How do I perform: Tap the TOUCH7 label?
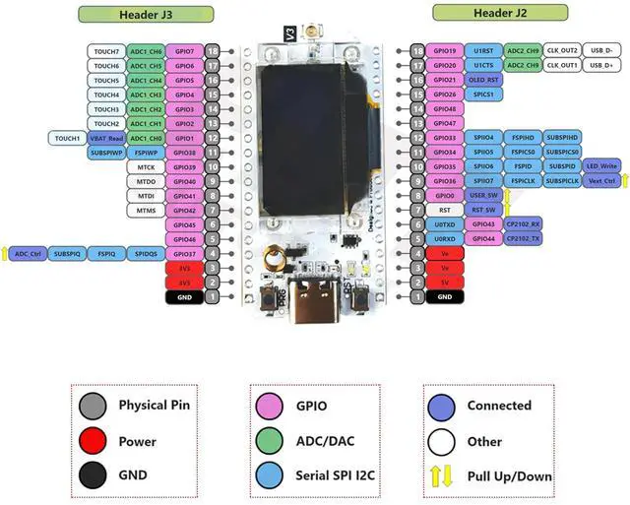click(106, 50)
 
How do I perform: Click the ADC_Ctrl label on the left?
click(28, 254)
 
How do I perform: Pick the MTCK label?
click(146, 167)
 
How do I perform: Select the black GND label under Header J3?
click(184, 296)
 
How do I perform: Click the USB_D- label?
click(601, 50)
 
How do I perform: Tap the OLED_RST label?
click(482, 80)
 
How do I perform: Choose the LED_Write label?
click(601, 166)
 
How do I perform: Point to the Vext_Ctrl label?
click(601, 181)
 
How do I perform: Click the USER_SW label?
click(482, 196)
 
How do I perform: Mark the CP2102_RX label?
click(524, 224)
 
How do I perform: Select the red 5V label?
click(445, 282)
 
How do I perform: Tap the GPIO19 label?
click(445, 50)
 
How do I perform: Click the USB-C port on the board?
click(314, 296)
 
